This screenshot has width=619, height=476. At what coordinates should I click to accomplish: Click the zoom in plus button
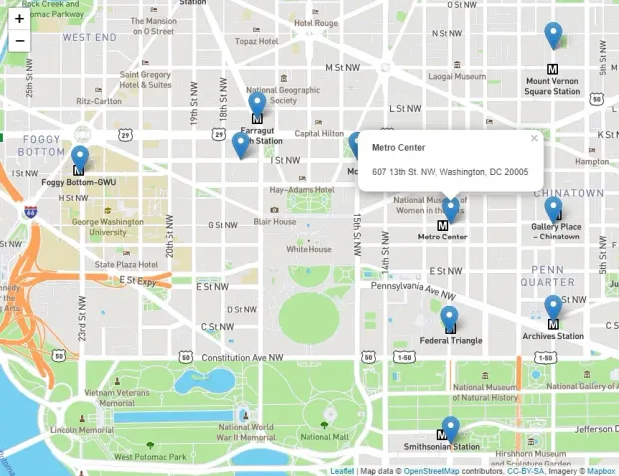(x=19, y=18)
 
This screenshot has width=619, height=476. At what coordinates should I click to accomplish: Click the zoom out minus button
(x=19, y=41)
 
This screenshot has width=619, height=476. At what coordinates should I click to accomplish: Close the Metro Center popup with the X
(x=534, y=139)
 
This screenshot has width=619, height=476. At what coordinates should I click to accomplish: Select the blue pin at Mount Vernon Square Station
(x=553, y=35)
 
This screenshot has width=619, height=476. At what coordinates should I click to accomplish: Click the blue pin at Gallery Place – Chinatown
(x=553, y=208)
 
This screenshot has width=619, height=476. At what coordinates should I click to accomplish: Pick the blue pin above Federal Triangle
(x=450, y=319)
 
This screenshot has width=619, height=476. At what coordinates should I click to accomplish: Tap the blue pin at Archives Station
(x=553, y=307)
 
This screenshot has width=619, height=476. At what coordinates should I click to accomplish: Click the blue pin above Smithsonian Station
(x=450, y=428)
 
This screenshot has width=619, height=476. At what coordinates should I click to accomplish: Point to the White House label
(x=309, y=249)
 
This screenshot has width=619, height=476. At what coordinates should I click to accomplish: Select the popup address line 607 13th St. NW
(x=450, y=172)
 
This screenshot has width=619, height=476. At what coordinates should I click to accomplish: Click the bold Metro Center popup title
(x=398, y=148)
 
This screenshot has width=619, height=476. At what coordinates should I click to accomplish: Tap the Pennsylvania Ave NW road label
(x=412, y=289)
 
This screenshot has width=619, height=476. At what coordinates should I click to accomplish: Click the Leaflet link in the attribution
(x=342, y=471)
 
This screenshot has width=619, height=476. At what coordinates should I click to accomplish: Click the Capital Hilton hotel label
(x=318, y=134)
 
